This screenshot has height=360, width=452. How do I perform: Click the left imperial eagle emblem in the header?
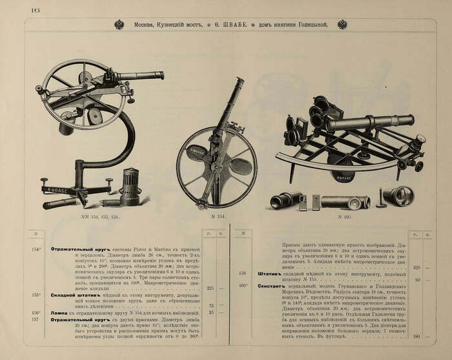pos(119,25)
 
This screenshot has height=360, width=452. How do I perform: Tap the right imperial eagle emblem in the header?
pos(342,25)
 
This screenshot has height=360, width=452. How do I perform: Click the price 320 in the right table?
pos(416,267)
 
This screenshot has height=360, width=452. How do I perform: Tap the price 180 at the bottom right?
pos(416,337)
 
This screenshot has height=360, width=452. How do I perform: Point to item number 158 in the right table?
pos(243,273)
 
